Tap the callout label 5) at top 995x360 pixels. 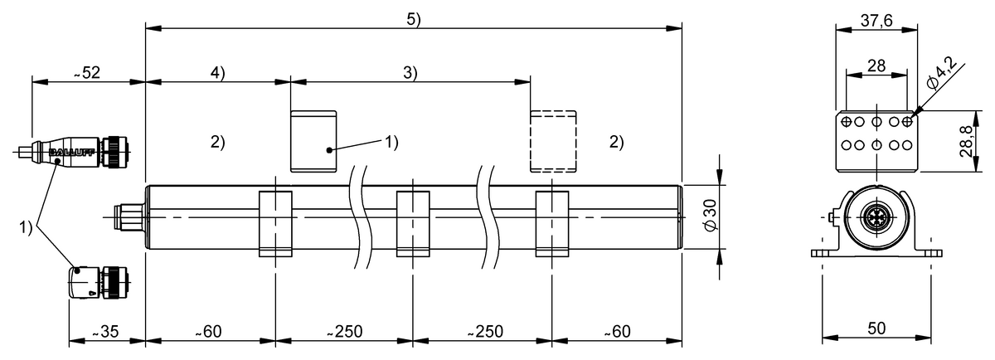(x=414, y=20)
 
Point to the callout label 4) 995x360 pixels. (x=217, y=73)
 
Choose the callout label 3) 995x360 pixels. (x=410, y=73)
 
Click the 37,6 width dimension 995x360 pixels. (x=876, y=22)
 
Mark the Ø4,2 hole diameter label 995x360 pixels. (x=942, y=72)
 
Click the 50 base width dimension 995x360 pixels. (x=876, y=328)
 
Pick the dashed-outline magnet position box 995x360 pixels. (x=552, y=141)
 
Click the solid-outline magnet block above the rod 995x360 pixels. (x=313, y=141)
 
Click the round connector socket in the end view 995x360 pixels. (x=876, y=220)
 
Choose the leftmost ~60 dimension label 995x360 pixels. (x=209, y=332)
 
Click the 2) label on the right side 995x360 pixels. (x=616, y=142)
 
